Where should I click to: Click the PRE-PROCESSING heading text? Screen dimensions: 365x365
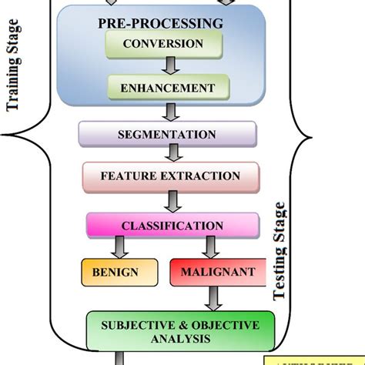161,24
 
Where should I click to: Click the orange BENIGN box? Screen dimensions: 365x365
116,273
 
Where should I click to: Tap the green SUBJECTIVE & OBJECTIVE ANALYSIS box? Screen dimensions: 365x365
180,329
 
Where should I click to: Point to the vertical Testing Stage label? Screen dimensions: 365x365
280,251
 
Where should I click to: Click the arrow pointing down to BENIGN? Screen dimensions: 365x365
119,247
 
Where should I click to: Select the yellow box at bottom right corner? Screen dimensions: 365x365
316,357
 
